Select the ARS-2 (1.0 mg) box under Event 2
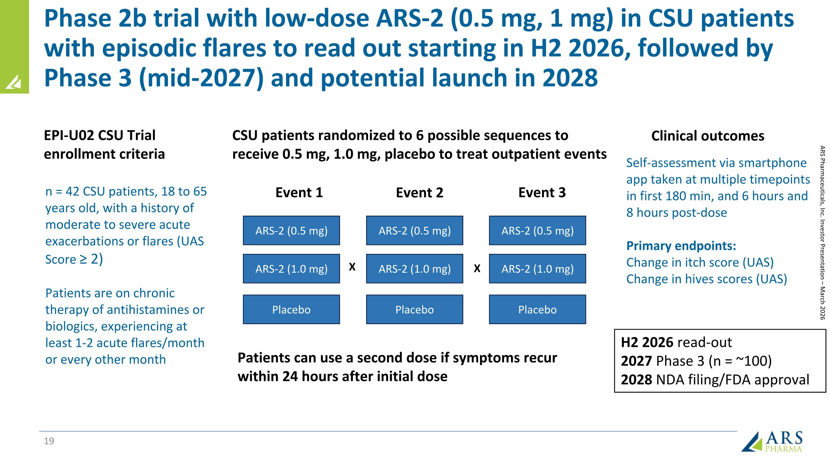(414, 269)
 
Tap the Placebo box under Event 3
(537, 309)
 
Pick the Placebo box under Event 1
(291, 309)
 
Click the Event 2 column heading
(419, 193)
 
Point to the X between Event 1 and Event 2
(352, 267)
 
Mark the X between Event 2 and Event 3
(477, 268)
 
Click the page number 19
(49, 441)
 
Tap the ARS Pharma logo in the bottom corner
(772, 442)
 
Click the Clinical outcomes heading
(707, 136)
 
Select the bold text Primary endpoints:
(681, 246)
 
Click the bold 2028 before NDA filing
(636, 380)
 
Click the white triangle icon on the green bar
(14, 82)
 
